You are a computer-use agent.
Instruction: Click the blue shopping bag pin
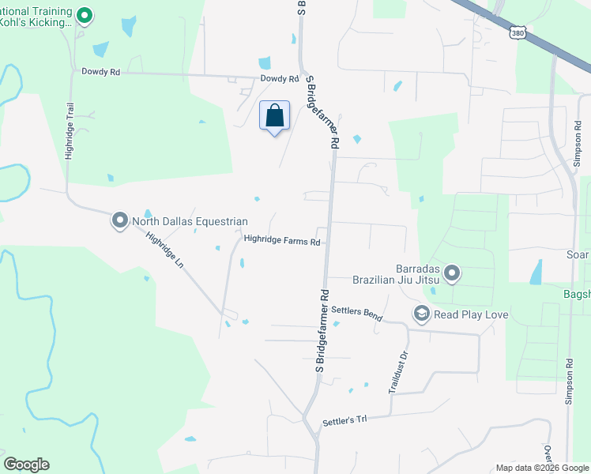(275, 116)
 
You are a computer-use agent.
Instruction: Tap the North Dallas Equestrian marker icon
(120, 220)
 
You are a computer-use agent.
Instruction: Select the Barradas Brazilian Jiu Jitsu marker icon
(452, 274)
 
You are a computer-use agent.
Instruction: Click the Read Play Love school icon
(421, 314)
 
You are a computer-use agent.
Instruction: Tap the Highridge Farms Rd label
(282, 241)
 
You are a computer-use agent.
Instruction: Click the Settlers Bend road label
(356, 313)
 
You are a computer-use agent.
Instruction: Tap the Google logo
(26, 465)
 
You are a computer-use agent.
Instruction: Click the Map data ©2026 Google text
(542, 468)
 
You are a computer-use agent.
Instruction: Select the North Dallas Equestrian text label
(190, 222)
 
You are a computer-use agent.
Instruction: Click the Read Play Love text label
(471, 315)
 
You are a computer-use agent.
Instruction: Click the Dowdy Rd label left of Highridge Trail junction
(100, 72)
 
